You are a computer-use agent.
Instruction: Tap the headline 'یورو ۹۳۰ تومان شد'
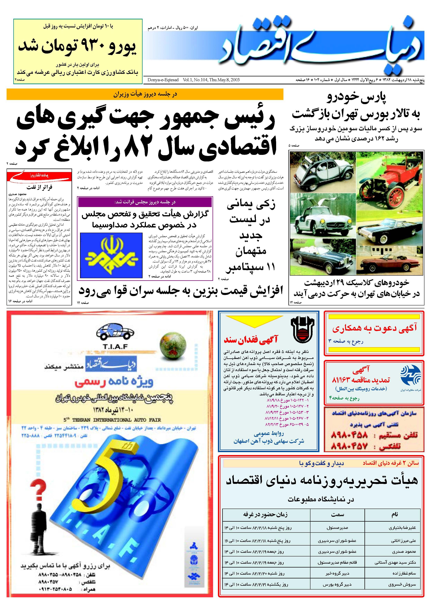(77, 46)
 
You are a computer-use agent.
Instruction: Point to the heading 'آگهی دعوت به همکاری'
(374, 328)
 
